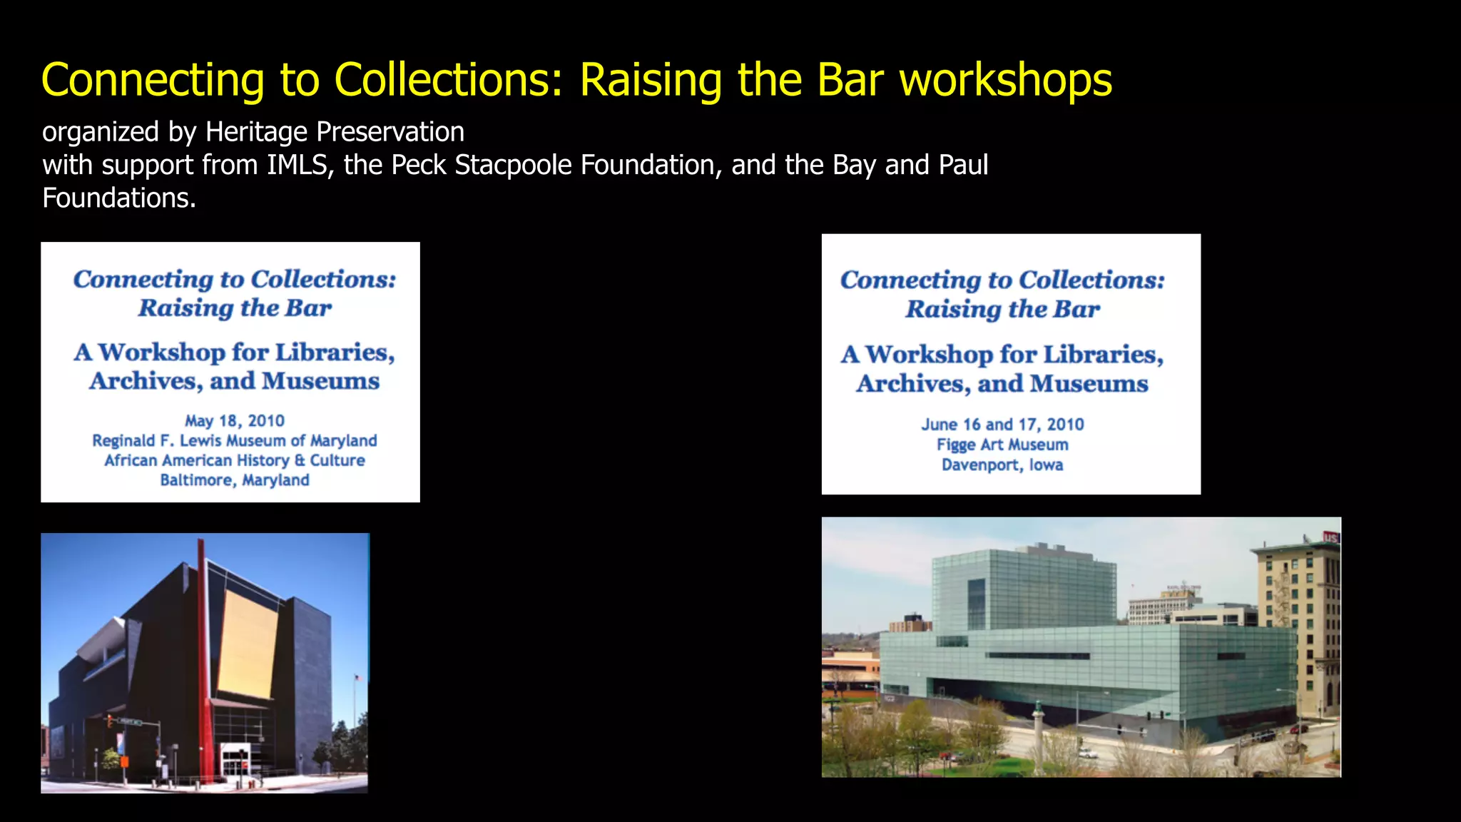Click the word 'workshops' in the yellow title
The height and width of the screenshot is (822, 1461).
coord(1006,80)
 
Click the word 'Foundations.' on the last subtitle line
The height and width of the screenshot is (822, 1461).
coord(119,198)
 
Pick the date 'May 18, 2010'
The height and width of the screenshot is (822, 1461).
coord(235,421)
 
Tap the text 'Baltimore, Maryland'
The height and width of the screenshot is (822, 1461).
coord(235,480)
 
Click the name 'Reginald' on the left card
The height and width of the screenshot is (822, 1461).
coord(123,441)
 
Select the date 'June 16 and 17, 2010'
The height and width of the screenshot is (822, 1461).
coord(1002,425)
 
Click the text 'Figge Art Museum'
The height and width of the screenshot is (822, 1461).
coord(1002,445)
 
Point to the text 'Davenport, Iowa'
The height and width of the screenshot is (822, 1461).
coord(1002,465)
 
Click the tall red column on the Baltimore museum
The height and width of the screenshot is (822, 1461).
coord(203,664)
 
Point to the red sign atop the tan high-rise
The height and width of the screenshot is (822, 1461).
coord(1330,537)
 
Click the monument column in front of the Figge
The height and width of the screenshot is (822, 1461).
coord(1038,735)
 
